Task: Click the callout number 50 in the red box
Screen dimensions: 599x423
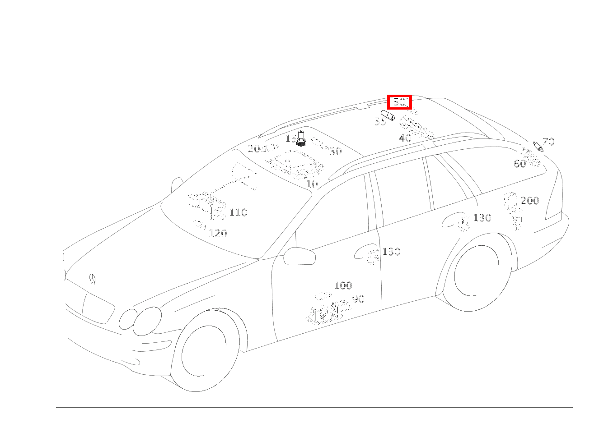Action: (400, 102)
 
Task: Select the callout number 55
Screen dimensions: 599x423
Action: (380, 122)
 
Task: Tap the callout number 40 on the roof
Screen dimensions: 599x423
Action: (405, 138)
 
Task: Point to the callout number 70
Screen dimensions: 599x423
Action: (548, 142)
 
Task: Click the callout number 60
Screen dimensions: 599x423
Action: (520, 164)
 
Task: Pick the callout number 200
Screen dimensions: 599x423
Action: (530, 201)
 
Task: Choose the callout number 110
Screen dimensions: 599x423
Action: (238, 212)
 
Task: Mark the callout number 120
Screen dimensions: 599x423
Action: (218, 233)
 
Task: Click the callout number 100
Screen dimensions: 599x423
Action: (343, 285)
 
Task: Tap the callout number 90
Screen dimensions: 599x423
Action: (358, 299)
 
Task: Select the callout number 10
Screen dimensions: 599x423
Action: (312, 184)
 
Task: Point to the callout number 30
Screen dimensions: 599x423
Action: (336, 152)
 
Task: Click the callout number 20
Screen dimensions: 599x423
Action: (254, 149)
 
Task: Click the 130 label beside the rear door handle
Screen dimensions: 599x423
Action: (482, 218)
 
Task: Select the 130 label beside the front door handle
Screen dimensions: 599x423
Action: (392, 252)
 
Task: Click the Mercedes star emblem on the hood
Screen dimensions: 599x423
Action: (93, 279)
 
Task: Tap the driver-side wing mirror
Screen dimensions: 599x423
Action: (299, 256)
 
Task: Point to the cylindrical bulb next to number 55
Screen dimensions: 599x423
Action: (388, 115)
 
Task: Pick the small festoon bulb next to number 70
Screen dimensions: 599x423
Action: (538, 147)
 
